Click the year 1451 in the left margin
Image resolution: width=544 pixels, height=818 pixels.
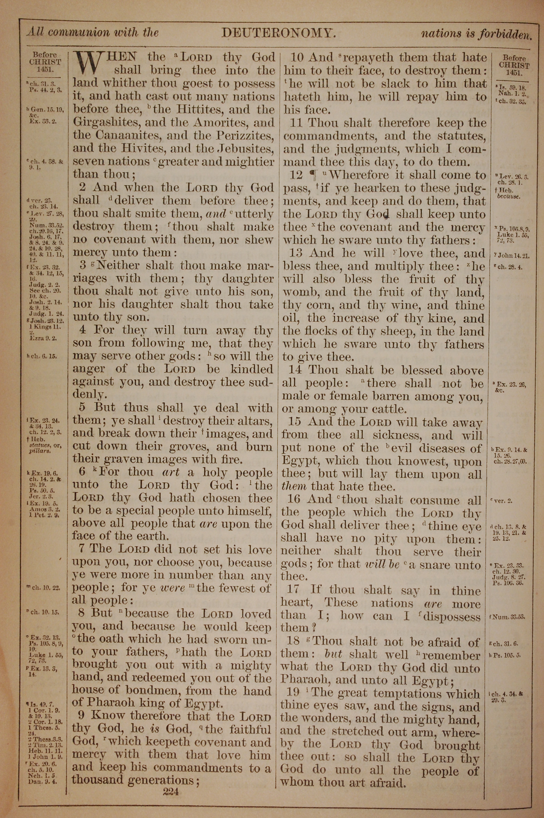click(x=45, y=69)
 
